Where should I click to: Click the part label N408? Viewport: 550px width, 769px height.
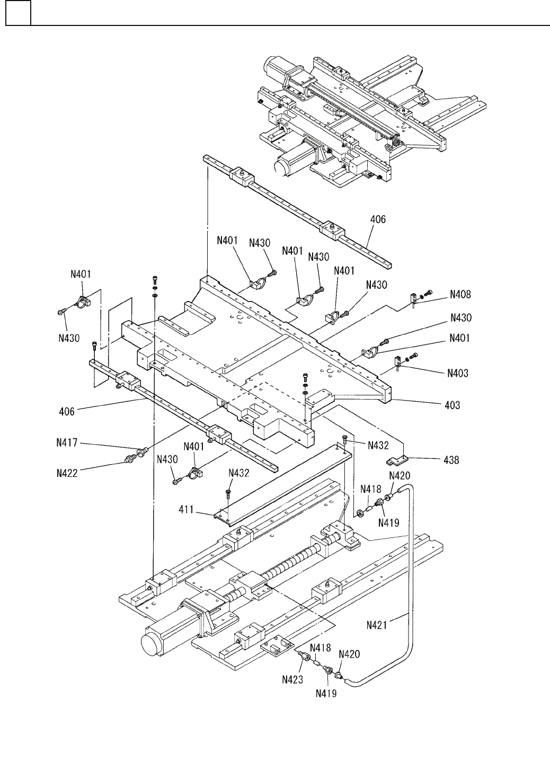point(460,294)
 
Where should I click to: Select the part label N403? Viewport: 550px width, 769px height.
point(457,374)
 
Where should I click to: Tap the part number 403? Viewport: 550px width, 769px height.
point(452,405)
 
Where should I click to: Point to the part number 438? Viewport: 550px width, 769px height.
point(451,460)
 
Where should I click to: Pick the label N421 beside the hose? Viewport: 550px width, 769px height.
point(378,625)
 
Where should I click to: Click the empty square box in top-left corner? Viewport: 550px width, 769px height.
point(18,13)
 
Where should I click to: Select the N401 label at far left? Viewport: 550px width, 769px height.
point(81,275)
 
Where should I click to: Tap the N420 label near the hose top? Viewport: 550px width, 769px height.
point(400,476)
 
